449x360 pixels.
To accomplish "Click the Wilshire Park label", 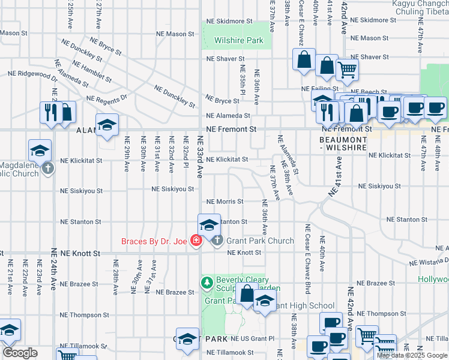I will (238, 41).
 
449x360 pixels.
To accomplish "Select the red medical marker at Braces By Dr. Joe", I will (196, 241).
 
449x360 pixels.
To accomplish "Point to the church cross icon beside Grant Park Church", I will (217, 241).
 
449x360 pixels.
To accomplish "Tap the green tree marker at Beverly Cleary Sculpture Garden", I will (207, 281).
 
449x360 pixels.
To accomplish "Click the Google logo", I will (20, 353).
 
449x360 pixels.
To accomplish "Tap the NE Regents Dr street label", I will (107, 98).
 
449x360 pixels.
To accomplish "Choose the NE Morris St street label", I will (224, 202).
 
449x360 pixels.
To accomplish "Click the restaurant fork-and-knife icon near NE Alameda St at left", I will (49, 111).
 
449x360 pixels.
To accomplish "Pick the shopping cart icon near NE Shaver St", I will (346, 70).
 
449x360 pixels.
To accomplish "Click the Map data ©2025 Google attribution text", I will (411, 355).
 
